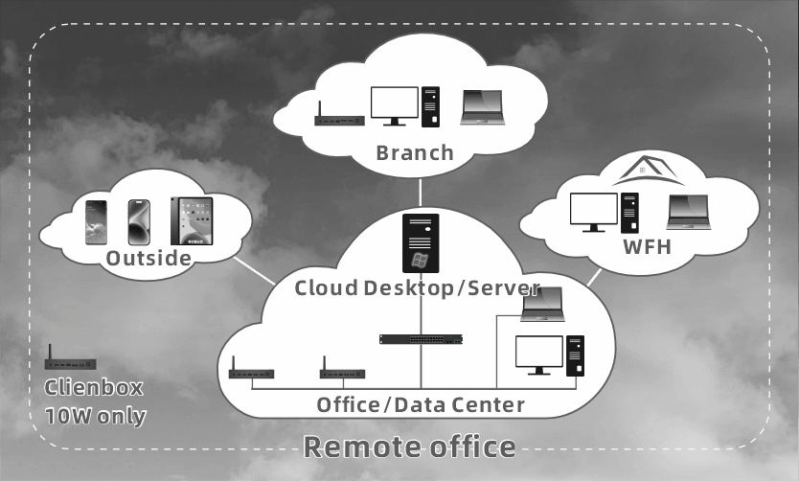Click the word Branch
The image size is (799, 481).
[x=414, y=152]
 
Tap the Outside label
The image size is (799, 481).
[x=148, y=259]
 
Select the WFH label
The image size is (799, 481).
[x=647, y=247]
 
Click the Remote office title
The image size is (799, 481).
[x=409, y=447]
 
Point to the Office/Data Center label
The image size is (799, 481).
[x=421, y=404]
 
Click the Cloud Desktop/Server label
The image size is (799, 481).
[x=418, y=287]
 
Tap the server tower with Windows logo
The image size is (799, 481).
[x=420, y=242]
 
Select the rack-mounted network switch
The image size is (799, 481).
[x=422, y=339]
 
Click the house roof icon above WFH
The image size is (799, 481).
[x=649, y=172]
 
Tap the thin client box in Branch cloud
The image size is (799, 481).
[x=339, y=120]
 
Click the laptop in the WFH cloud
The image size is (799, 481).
[x=688, y=212]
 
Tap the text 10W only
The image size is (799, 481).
[x=96, y=416]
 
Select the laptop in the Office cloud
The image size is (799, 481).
[x=542, y=305]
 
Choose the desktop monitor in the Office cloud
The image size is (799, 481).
[x=539, y=355]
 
